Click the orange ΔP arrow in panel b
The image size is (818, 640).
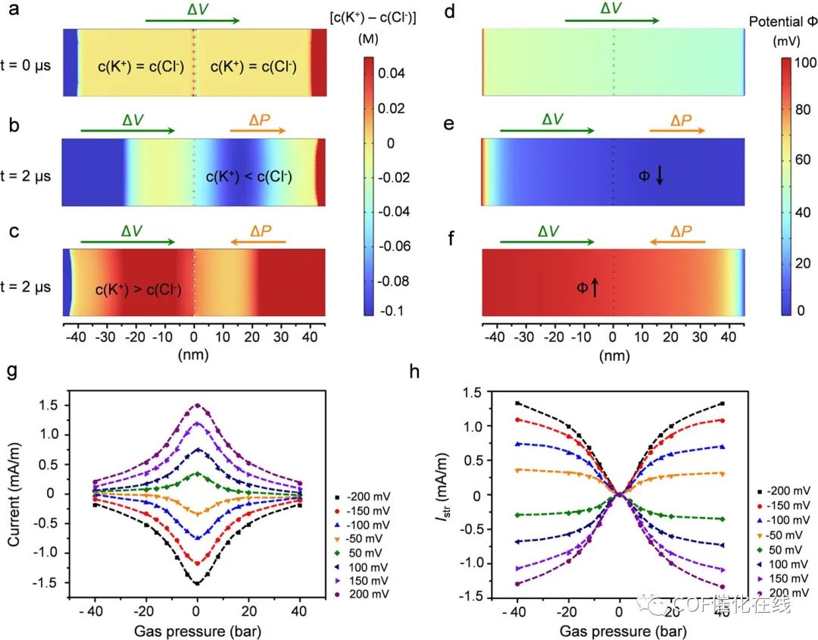258,130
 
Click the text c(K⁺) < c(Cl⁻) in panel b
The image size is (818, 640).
248,178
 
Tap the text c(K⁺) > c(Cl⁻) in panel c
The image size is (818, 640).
138,288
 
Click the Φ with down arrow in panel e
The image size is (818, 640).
651,176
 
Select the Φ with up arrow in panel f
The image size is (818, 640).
589,287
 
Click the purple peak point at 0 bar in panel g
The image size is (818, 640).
197,405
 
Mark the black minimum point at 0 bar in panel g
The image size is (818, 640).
197,583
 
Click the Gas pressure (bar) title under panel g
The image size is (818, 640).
196,631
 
